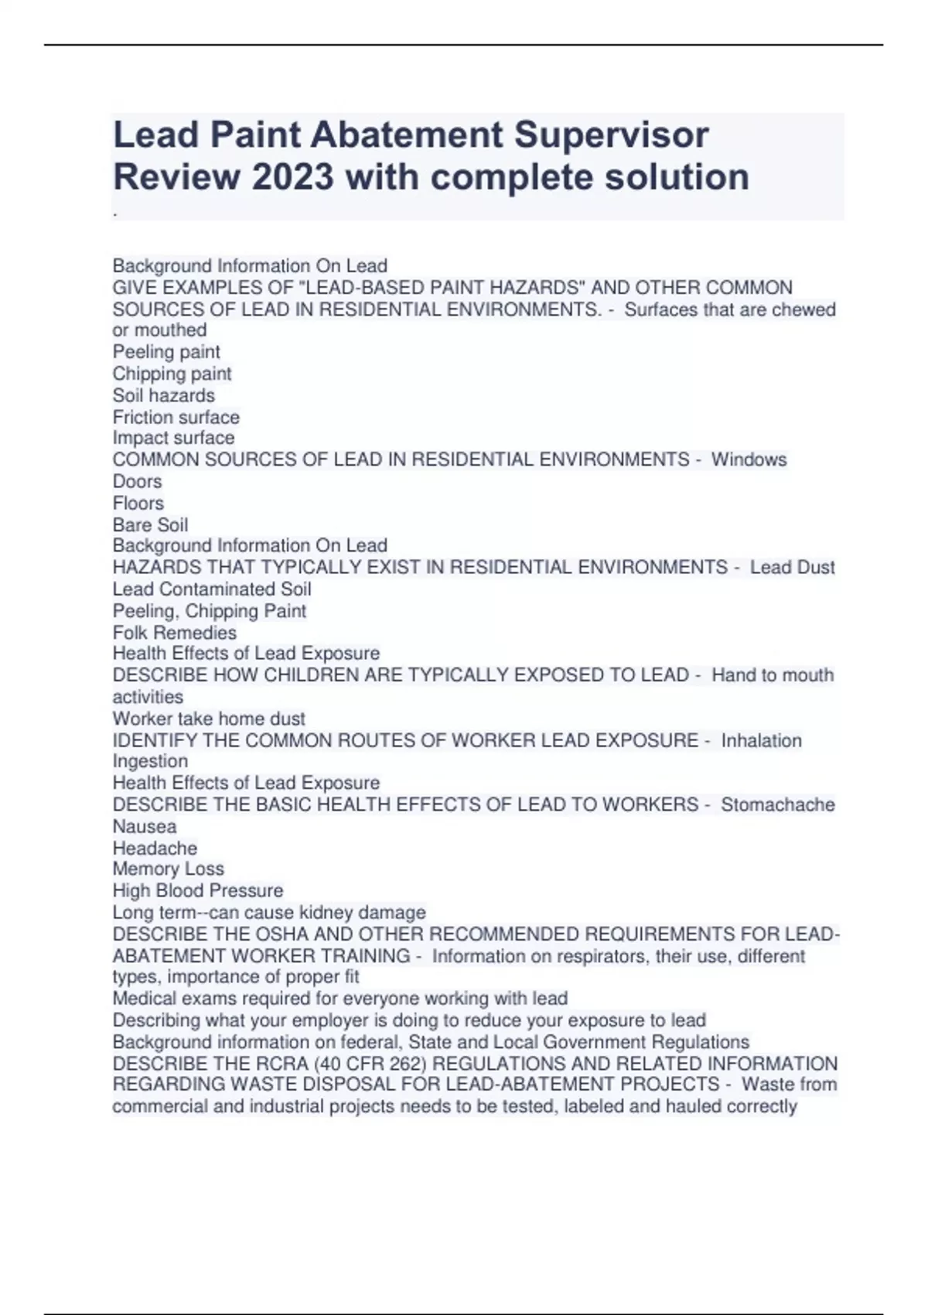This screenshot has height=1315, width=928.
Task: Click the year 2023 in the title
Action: tap(293, 177)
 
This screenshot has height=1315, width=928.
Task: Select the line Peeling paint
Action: tap(166, 352)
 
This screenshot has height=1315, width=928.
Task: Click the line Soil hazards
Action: tap(164, 395)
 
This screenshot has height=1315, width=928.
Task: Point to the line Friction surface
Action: tap(176, 417)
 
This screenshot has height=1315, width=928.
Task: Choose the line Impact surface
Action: tap(173, 438)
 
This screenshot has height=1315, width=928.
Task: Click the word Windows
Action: tap(749, 459)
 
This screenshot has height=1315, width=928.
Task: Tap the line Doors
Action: tap(138, 481)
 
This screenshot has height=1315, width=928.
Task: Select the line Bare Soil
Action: tap(151, 524)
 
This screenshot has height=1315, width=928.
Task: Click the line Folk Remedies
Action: tap(175, 632)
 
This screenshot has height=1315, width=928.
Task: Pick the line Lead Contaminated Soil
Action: tap(212, 589)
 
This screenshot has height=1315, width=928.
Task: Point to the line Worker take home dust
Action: tap(209, 719)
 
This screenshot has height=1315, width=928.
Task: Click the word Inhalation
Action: tap(761, 740)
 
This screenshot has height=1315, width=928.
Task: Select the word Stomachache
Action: tap(777, 804)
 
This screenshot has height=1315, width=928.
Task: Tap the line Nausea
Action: tap(145, 826)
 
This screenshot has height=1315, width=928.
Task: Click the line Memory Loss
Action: tap(169, 869)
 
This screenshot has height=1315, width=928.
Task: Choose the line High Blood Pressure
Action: tap(198, 890)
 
